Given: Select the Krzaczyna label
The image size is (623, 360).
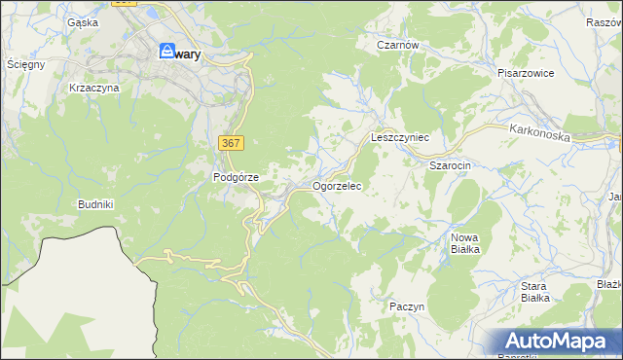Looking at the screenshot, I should point(93,88).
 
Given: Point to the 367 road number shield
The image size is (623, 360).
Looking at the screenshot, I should point(231,143).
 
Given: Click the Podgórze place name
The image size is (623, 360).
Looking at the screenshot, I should point(236,177).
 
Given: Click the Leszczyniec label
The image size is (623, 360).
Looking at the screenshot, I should point(400,138).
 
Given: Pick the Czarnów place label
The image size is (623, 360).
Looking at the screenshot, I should point(397,45).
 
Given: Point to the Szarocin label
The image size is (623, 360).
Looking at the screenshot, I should point(450,166).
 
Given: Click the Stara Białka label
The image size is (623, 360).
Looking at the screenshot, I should point(534,292).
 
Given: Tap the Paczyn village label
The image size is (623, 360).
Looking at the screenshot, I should point(407,306).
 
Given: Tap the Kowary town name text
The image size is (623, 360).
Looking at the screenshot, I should point(188,55).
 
